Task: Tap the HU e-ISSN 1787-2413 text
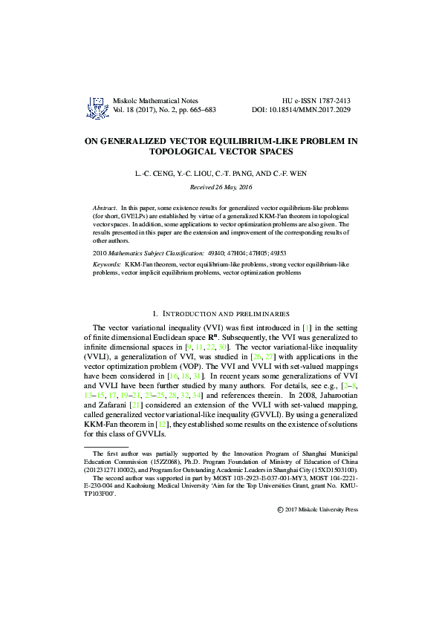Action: click(x=317, y=99)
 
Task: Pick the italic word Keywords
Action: click(x=107, y=264)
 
